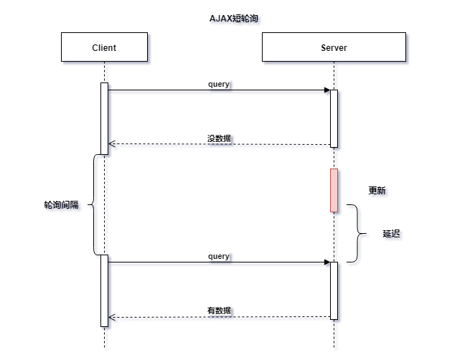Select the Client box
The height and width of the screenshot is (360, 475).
click(104, 48)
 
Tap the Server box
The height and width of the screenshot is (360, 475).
click(334, 48)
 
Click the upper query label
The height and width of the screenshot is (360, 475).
click(219, 85)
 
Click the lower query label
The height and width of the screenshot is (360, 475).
click(219, 256)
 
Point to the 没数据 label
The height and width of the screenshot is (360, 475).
click(219, 138)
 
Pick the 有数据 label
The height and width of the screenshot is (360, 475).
click(219, 311)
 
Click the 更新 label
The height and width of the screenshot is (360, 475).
click(377, 191)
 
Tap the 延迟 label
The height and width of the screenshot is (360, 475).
click(391, 234)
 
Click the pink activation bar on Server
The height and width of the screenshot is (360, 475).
click(334, 190)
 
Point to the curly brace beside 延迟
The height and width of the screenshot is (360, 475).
click(356, 233)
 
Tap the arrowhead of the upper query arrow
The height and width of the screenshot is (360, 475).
click(326, 90)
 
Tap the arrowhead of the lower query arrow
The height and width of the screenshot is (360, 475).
click(326, 262)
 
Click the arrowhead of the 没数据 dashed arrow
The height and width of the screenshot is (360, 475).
click(111, 144)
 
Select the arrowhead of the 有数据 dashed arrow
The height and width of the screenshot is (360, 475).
click(111, 316)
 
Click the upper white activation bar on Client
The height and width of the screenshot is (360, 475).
click(104, 118)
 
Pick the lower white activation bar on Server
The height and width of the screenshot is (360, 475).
click(334, 290)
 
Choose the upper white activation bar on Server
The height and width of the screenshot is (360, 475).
click(334, 118)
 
